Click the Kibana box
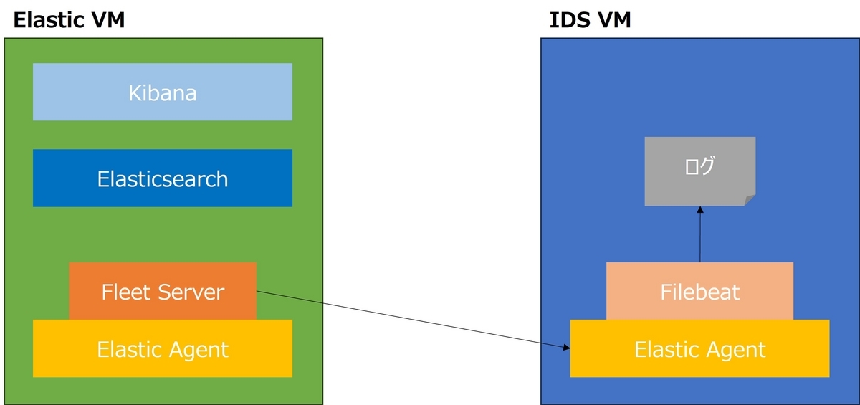pos(163,92)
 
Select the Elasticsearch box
pos(163,178)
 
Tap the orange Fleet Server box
pos(163,292)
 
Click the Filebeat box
pos(699,292)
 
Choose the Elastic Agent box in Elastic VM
pos(163,349)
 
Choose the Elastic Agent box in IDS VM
pos(699,349)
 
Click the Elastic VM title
pos(70,20)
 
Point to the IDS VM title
pos(590,20)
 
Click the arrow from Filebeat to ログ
pos(700,237)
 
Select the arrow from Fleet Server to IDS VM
pos(412,319)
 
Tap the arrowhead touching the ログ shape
pos(700,211)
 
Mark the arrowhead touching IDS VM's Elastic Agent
pos(566,347)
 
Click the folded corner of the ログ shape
pos(750,200)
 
